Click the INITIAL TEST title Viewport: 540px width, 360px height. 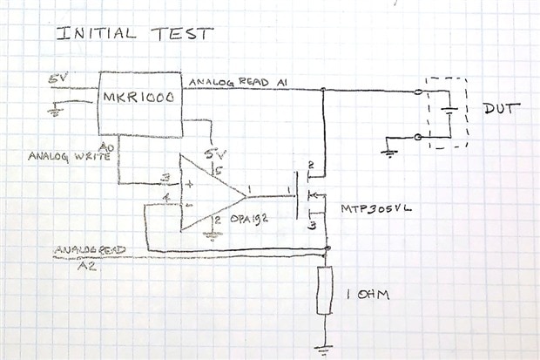(134, 34)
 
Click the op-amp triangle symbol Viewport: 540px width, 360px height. (209, 192)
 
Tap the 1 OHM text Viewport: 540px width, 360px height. (368, 295)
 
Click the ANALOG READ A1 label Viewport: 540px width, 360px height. (240, 81)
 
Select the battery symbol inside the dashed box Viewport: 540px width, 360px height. (449, 112)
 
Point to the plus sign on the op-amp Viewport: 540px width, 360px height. (190, 184)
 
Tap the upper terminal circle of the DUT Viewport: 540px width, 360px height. (421, 90)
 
